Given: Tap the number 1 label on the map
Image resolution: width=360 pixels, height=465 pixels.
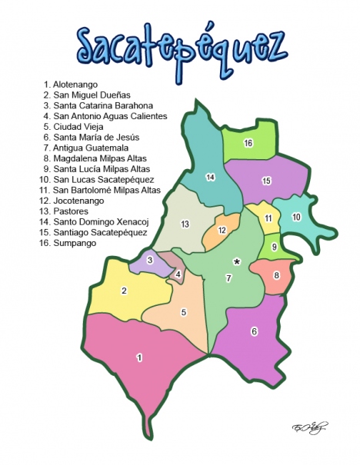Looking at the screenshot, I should [139, 357].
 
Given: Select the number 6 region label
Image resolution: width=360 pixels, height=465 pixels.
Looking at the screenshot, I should [254, 332].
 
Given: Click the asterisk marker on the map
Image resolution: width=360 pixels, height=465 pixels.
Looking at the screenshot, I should [237, 262].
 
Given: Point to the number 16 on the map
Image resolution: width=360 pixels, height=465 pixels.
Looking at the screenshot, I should [248, 143].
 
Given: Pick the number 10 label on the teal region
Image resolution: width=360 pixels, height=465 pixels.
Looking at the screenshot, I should [296, 218].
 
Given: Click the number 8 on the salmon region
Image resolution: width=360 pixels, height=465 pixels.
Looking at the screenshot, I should [276, 275].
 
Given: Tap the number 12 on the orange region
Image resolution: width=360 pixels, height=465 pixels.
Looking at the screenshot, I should [222, 231].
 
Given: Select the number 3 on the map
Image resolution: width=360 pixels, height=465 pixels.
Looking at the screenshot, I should [150, 261].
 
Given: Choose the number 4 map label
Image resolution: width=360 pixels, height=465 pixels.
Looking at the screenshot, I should [178, 274].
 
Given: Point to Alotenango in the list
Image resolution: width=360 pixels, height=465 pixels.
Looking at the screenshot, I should [74, 84].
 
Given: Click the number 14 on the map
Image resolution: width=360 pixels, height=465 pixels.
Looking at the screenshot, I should [210, 178].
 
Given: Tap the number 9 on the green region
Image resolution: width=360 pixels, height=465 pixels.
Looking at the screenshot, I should [275, 247].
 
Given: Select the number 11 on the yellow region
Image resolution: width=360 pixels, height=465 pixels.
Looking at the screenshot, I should [268, 218].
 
